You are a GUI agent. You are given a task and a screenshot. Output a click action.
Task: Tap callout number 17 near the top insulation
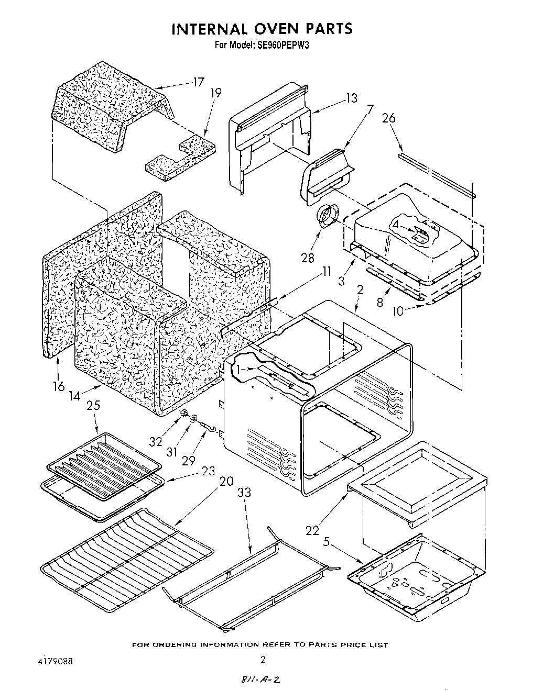pos(198,82)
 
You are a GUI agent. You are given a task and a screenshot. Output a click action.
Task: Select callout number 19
pos(215,93)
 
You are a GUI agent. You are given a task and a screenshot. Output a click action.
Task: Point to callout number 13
pos(351,98)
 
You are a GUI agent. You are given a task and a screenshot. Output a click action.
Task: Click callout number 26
pos(388,118)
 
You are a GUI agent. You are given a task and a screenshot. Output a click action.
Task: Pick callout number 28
pos(308,258)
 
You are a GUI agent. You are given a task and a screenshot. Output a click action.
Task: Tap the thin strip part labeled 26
pos(436,175)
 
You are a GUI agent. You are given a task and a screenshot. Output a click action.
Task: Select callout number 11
pos(327,272)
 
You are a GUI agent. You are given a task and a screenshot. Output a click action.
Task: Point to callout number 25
pos(93,405)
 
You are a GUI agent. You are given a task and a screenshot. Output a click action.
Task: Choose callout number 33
pos(244,493)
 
